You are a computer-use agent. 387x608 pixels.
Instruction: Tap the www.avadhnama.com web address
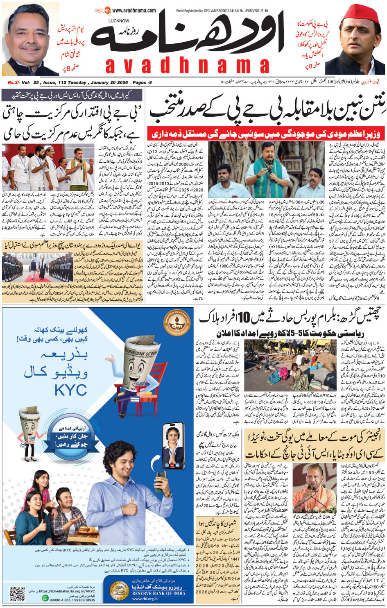(x=134, y=10)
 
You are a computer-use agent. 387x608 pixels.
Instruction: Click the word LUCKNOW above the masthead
(x=119, y=20)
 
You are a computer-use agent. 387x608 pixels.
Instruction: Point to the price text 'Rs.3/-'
(x=14, y=82)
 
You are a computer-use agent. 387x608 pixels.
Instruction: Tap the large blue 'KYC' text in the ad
(x=70, y=390)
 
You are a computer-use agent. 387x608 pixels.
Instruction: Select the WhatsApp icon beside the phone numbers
(x=45, y=598)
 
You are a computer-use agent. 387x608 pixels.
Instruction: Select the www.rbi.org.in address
(x=144, y=599)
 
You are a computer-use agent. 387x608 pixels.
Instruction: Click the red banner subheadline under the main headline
(x=266, y=134)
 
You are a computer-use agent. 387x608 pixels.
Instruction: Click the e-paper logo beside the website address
(x=102, y=10)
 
